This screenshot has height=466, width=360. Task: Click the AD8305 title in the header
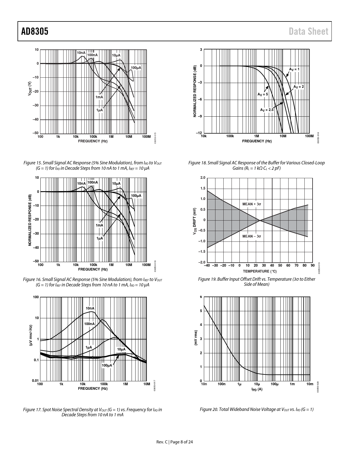tap(35, 32)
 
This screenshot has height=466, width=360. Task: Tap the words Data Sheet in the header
tap(308, 32)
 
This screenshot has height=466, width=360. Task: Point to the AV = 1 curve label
tap(294, 69)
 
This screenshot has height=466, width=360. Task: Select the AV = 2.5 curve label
tap(267, 110)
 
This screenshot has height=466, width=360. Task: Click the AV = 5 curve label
tap(262, 94)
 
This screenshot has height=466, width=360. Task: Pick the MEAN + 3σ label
tap(252, 204)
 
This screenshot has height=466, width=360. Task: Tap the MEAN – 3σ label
tap(252, 236)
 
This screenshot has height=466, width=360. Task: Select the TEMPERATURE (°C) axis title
tap(259, 271)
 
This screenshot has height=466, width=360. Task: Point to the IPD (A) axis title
tap(257, 389)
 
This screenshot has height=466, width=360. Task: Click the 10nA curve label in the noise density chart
tap(90, 308)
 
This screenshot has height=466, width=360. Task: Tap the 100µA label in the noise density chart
tap(107, 365)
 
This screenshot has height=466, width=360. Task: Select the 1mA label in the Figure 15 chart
tap(99, 97)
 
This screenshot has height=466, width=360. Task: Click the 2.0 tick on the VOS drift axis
tap(203, 178)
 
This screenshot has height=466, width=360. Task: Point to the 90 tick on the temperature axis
tap(312, 265)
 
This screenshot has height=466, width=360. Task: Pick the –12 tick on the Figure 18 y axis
tap(199, 133)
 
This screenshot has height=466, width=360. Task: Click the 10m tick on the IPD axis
tap(310, 384)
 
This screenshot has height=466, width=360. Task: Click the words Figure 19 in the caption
tap(208, 279)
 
